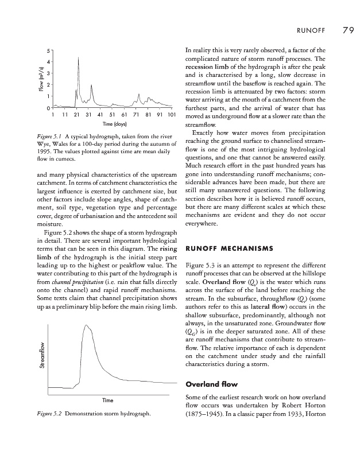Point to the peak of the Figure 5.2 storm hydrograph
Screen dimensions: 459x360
tap(87, 325)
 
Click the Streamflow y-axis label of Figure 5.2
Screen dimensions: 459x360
tap(40, 357)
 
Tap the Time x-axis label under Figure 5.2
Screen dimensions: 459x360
tap(108, 399)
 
